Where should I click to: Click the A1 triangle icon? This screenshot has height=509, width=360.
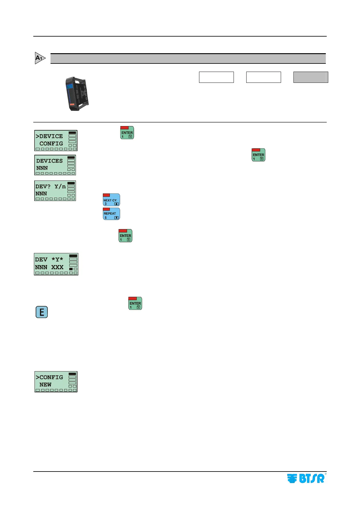point(40,58)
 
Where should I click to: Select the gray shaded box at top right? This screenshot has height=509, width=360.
point(311,77)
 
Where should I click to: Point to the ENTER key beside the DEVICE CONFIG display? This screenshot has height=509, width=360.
point(127,133)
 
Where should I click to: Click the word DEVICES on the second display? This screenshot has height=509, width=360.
point(49,161)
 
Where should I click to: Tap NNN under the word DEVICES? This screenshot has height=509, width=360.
point(42,168)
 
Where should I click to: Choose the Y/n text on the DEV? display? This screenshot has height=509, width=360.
point(60,186)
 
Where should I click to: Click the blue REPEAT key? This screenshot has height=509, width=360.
point(111,214)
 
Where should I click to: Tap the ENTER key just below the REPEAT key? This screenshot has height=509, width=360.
point(125,236)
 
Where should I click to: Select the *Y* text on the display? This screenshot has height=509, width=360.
point(57,260)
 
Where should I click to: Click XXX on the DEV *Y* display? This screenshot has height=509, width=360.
point(57,267)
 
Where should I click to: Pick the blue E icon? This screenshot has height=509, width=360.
point(42,312)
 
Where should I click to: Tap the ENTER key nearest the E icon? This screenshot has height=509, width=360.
point(135,303)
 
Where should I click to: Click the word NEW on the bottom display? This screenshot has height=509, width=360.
point(45,385)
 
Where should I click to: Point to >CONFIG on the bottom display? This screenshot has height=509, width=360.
point(49,377)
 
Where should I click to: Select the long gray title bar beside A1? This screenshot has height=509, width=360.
point(188,59)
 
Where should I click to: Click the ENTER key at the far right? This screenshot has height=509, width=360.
point(258,155)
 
